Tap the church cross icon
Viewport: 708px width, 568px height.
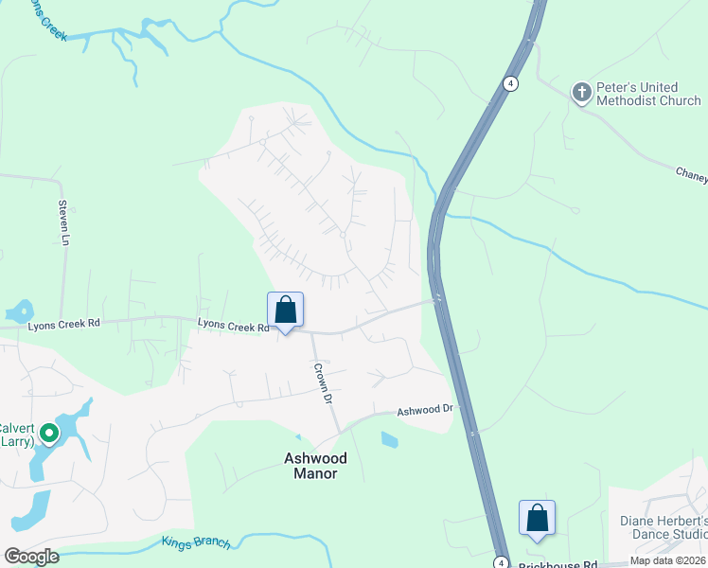click(x=581, y=92)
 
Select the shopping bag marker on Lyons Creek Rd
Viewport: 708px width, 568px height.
click(x=285, y=311)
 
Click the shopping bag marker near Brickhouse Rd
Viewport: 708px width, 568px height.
click(x=537, y=519)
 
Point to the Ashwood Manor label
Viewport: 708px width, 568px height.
click(x=316, y=466)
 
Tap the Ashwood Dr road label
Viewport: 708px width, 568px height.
click(x=426, y=411)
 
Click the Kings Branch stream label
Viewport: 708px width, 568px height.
click(x=195, y=542)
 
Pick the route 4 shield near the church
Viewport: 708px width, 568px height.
click(x=510, y=82)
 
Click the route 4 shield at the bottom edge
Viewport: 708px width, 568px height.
click(x=500, y=562)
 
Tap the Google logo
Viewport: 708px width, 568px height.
click(x=31, y=557)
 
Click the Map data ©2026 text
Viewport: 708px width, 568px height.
click(x=668, y=560)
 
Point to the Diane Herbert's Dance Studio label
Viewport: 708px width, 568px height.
click(x=664, y=527)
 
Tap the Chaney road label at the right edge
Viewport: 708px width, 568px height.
click(x=691, y=173)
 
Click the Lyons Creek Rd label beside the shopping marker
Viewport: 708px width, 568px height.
click(x=234, y=325)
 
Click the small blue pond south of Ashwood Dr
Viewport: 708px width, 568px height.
click(x=388, y=439)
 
